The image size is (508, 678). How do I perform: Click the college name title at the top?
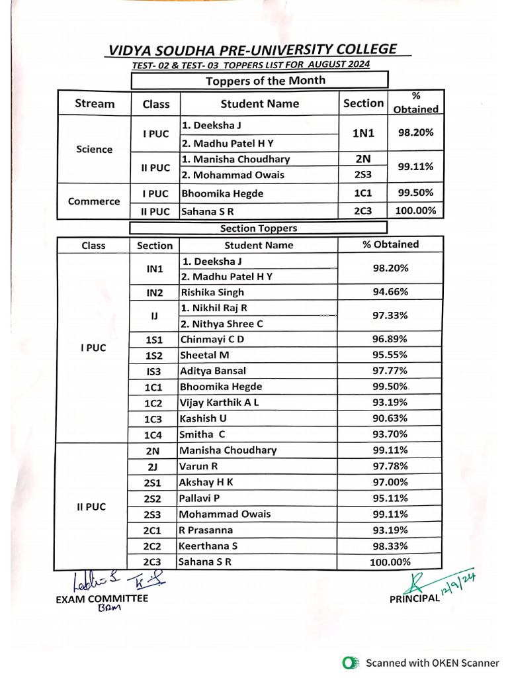click(x=253, y=50)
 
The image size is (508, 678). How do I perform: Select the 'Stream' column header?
click(x=95, y=103)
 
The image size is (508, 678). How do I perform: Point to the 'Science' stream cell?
click(x=95, y=149)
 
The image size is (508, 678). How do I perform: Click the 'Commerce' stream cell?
click(x=95, y=201)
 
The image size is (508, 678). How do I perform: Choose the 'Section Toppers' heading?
click(x=258, y=228)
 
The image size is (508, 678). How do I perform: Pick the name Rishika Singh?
click(x=212, y=292)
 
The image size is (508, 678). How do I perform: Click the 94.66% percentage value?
click(x=390, y=292)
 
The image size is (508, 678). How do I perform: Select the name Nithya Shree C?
click(x=222, y=324)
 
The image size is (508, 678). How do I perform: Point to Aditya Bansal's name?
click(x=212, y=371)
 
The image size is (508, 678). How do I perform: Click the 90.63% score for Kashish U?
click(x=390, y=418)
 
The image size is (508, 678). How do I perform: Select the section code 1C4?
click(x=153, y=435)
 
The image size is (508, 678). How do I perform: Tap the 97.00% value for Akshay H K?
click(x=390, y=483)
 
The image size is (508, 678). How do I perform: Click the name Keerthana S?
click(x=208, y=546)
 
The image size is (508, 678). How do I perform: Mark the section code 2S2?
click(x=153, y=499)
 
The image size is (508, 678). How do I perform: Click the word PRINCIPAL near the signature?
click(x=414, y=599)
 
